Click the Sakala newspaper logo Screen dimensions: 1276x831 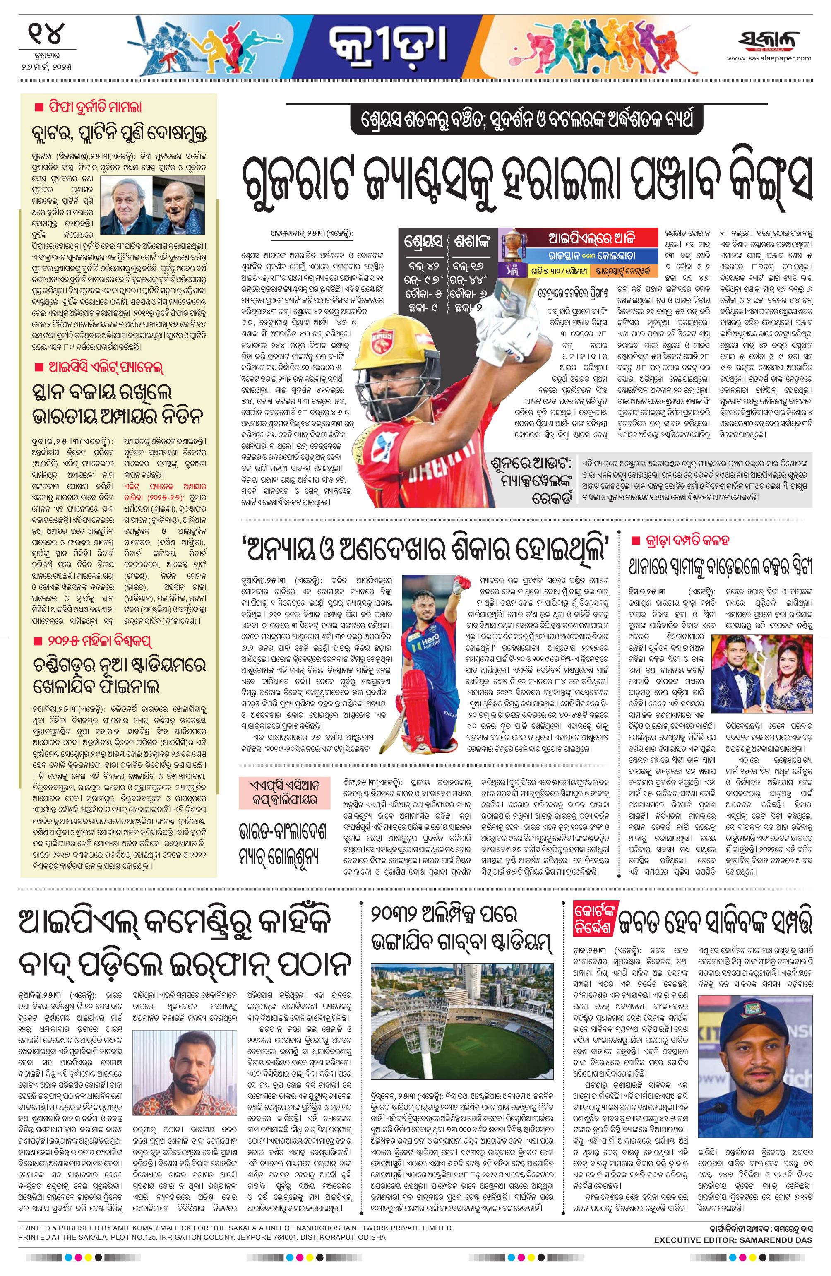click(769, 42)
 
